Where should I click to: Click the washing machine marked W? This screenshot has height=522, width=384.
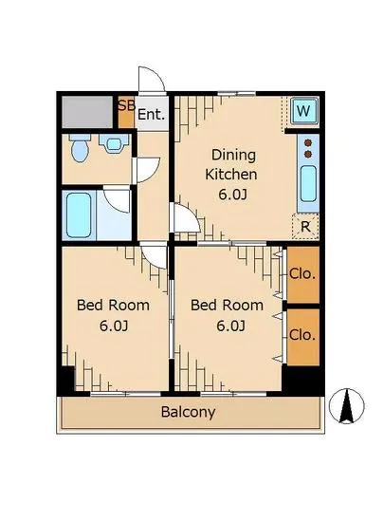coord(303,110)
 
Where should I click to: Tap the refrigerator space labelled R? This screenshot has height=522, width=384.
coord(305,227)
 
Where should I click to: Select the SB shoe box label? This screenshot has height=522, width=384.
coord(127,105)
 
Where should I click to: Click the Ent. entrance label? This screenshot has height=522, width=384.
coord(152,115)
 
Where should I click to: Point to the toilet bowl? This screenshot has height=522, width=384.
coord(80,148)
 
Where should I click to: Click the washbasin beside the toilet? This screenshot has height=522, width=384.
coord(114,143)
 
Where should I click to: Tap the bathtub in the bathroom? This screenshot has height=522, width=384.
coord(79,215)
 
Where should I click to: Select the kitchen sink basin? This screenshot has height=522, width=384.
coord(308,184)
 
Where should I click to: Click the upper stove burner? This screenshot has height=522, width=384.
coord(308,142)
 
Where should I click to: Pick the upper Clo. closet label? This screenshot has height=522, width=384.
coord(302,274)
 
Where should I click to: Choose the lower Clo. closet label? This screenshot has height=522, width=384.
coord(302,335)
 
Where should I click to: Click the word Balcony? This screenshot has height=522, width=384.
coord(188,412)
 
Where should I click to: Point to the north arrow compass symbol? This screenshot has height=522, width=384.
coord(346,406)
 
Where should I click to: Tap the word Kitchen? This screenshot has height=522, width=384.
coord(231,174)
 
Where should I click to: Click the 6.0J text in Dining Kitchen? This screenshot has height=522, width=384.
coord(232,195)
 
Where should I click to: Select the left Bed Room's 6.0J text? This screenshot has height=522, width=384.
coord(114,326)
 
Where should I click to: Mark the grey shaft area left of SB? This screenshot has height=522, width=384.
coord(87,112)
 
